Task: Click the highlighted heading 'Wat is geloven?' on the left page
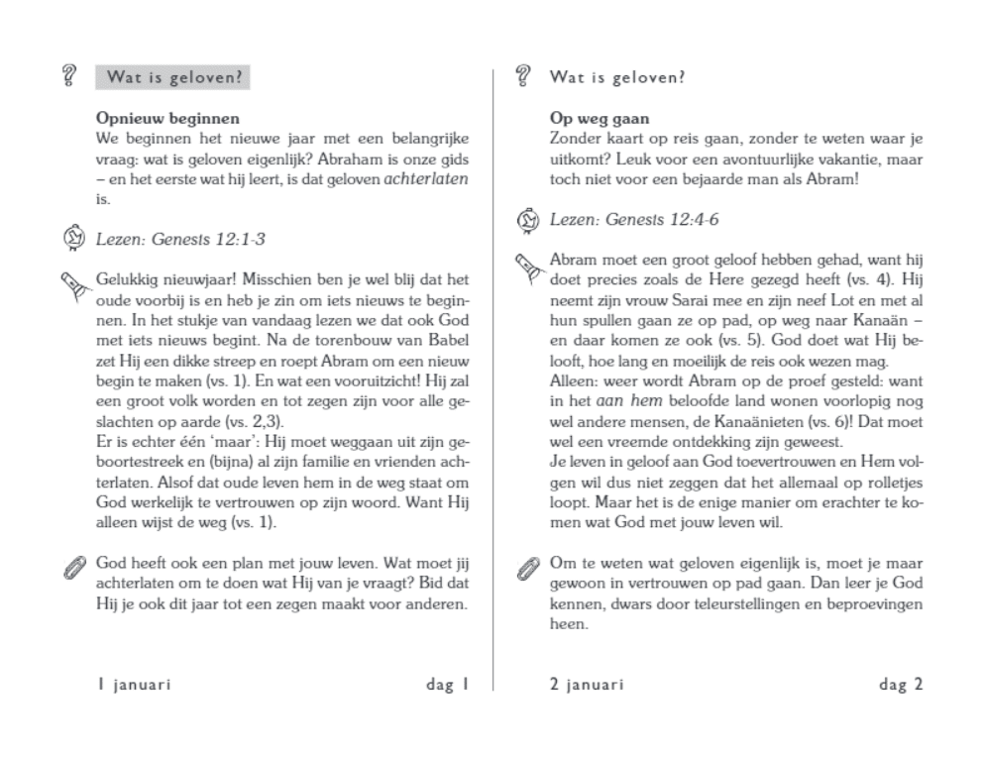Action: [171, 77]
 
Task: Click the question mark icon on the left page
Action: [69, 75]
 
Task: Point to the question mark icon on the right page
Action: [524, 75]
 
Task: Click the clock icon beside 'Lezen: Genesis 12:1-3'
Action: [72, 237]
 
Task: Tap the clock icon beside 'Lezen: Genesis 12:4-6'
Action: [527, 219]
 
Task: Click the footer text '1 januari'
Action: [133, 684]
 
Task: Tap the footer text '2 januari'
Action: [587, 684]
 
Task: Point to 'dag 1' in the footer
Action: [447, 684]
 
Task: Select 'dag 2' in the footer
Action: [901, 684]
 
